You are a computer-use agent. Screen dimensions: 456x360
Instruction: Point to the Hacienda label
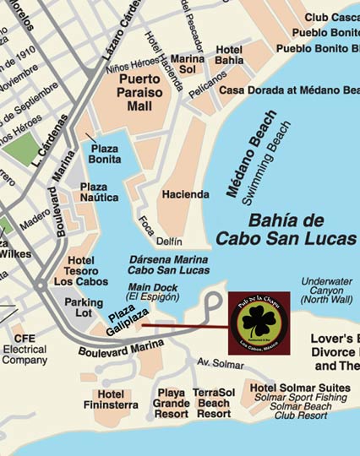[185, 194]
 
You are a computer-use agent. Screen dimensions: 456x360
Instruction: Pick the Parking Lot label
[84, 308]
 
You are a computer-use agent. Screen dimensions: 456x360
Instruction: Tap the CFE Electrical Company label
[25, 349]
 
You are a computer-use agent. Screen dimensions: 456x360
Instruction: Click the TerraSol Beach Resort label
[214, 403]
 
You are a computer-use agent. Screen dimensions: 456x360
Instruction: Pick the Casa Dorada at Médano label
[288, 90]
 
